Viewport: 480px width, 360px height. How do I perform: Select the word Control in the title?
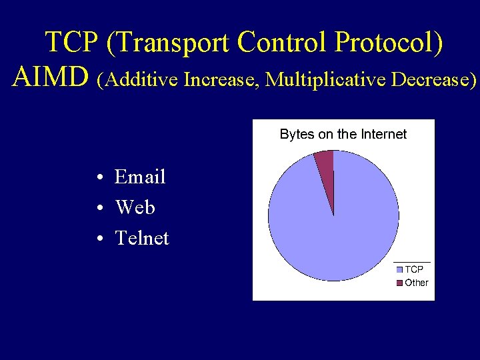tap(283, 43)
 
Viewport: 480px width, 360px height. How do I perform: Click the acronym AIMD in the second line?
tap(51, 79)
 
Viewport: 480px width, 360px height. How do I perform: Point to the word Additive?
tap(138, 80)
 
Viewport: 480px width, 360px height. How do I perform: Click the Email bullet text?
tap(140, 177)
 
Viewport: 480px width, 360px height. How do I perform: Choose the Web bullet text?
tap(135, 207)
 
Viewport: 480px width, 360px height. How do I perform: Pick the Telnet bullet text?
tap(142, 238)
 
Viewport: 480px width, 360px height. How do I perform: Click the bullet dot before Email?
tap(98, 178)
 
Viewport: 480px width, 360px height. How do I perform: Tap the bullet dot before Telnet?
tap(98, 239)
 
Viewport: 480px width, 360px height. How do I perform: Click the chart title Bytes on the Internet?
tap(343, 134)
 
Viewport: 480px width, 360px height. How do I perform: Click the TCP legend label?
tap(413, 269)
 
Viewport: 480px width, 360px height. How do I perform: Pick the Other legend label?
tap(416, 283)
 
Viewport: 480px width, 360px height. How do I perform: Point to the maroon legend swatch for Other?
tap(399, 283)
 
